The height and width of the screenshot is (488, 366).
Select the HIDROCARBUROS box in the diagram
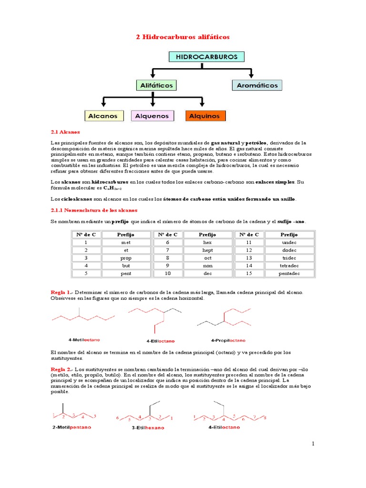206,57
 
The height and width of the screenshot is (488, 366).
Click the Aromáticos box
257,85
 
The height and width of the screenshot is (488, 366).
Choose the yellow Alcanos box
102,116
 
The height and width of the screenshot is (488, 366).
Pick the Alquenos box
152,116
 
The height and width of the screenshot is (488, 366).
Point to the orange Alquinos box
204,116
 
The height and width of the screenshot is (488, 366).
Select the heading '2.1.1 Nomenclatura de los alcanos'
94,210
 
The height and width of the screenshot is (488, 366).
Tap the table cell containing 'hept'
207,250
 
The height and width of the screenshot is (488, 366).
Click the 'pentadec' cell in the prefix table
289,274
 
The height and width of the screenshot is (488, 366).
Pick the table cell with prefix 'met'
126,242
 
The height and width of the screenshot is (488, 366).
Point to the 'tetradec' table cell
289,265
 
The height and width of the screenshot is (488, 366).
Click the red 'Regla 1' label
61,292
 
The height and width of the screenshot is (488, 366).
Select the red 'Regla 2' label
61,369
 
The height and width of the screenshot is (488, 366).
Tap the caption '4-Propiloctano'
228,341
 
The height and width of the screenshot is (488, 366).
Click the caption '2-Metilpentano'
71,427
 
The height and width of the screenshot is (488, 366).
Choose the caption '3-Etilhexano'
148,427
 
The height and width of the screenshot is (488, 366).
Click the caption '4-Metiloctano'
84,340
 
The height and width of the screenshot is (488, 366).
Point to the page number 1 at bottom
313,444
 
